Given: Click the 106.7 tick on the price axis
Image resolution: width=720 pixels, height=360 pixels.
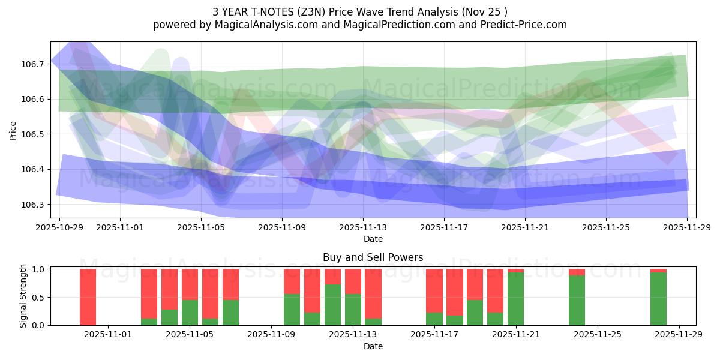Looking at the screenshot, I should coord(33,64).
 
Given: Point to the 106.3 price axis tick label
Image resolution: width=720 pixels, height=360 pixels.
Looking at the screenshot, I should coord(33,205).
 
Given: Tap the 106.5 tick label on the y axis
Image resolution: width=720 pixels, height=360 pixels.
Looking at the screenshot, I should coord(33,134).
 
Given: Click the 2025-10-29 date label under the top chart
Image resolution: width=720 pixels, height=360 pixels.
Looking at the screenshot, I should coord(59,227).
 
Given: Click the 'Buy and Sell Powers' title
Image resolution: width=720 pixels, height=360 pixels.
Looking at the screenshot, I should coord(373,257).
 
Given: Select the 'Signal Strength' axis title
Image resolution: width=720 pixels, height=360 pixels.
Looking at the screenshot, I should coord(23,296).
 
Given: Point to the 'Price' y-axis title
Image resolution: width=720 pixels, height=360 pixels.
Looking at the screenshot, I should coord(13,130).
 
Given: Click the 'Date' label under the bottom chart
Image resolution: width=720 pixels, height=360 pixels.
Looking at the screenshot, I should coord(373,346).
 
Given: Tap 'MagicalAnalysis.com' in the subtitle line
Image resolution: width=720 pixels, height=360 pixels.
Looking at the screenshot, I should coord(254,25).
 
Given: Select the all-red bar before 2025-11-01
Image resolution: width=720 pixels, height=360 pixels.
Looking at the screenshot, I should coord(88,297).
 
